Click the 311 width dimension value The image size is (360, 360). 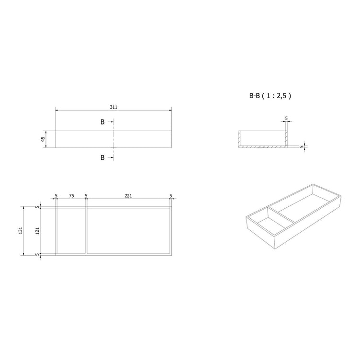(x=113, y=107)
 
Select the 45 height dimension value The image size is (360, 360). (x=43, y=139)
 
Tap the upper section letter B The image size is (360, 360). (x=102, y=122)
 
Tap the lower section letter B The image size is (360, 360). (x=102, y=157)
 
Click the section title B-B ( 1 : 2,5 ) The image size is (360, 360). (x=270, y=96)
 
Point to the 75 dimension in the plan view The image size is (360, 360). (x=71, y=196)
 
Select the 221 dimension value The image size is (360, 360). (x=128, y=196)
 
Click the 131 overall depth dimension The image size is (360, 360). (x=21, y=230)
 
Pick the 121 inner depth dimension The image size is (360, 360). (x=37, y=231)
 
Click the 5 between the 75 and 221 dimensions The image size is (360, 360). (x=86, y=196)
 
